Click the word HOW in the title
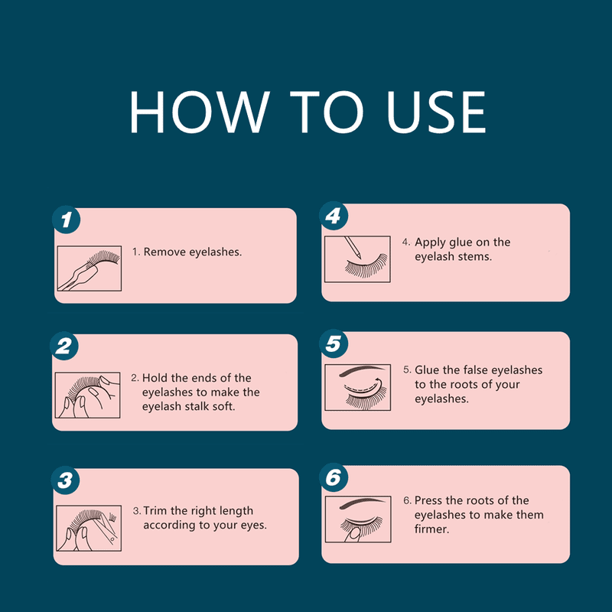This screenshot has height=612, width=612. (199, 112)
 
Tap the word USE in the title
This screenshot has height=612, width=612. (436, 112)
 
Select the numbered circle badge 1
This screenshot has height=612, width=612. (67, 220)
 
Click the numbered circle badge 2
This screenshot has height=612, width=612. (64, 347)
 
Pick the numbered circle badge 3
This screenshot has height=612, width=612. (65, 480)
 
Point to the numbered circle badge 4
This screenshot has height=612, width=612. (334, 216)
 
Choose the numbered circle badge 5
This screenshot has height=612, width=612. (334, 343)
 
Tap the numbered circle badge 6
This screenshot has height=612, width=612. (334, 477)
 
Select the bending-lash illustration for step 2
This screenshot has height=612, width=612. (87, 395)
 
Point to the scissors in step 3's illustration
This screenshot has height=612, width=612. (109, 528)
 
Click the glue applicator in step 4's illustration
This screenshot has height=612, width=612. (353, 247)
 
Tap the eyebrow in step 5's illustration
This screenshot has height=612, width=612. (364, 370)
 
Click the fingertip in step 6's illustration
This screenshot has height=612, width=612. (354, 533)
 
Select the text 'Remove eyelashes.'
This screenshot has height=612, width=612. (193, 252)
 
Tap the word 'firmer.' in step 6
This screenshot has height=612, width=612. (431, 529)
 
